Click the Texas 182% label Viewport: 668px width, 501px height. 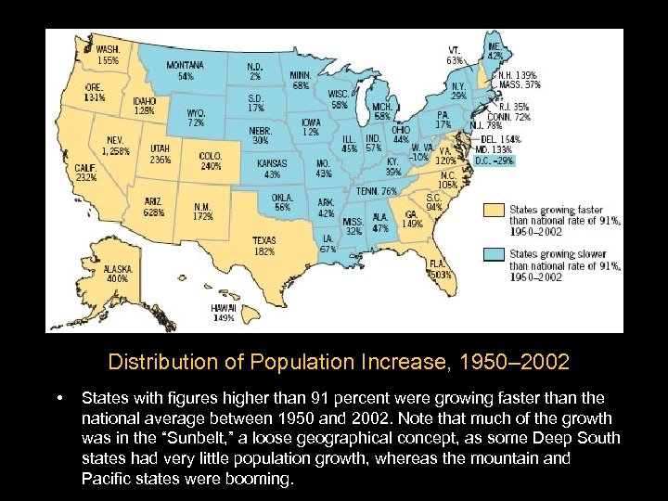point(263,246)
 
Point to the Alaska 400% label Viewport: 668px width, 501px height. point(118,273)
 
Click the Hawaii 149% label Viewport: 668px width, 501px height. point(223,312)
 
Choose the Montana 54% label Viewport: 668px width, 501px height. point(186,71)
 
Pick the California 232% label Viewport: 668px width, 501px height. point(86,173)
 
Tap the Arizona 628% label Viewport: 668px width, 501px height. point(154,207)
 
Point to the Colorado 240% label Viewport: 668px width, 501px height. point(211,161)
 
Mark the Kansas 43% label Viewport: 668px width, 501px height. point(272,169)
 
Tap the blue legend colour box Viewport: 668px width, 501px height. point(495,254)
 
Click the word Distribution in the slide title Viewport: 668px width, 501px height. point(161,360)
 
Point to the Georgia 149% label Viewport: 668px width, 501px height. point(413,218)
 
